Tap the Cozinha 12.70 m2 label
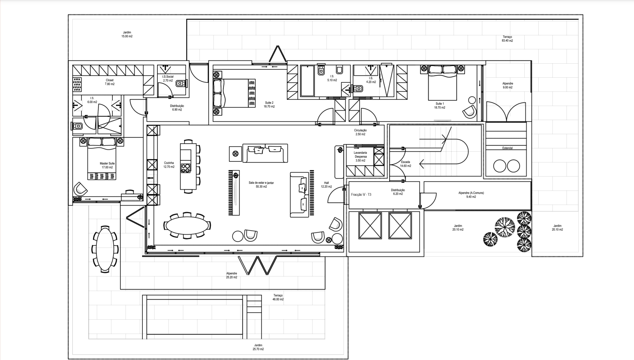[x=169, y=165]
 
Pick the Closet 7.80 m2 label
[x=109, y=82]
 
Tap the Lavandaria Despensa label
[x=361, y=155]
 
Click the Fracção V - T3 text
[x=361, y=194]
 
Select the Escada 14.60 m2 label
[x=406, y=164]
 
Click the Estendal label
[x=507, y=148]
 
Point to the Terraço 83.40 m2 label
[x=507, y=39]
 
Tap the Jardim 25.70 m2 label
[x=258, y=347]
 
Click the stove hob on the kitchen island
[x=186, y=168]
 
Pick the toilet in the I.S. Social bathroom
[x=180, y=83]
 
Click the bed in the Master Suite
[x=102, y=158]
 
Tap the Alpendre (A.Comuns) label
[x=471, y=195]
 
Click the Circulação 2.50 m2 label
[x=360, y=132]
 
